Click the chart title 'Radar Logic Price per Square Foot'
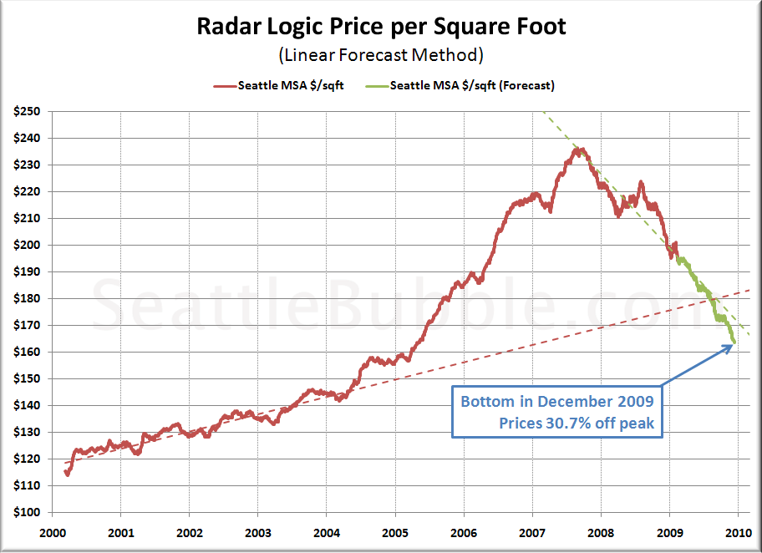pos(381,27)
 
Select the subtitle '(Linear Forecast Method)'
pos(381,55)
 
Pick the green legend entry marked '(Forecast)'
pos(472,85)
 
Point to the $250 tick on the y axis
pos(30,111)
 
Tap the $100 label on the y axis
pos(30,512)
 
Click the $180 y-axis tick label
pos(30,298)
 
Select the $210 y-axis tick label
pos(30,218)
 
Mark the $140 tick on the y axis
pos(30,405)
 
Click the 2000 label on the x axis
pos(53,531)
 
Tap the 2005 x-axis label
pos(395,531)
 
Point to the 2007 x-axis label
pos(532,531)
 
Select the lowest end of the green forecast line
pos(734,342)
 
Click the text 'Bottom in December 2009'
pos(557,401)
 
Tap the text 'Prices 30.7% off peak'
pos(577,424)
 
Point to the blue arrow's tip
pos(733,345)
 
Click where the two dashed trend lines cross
pos(715,300)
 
